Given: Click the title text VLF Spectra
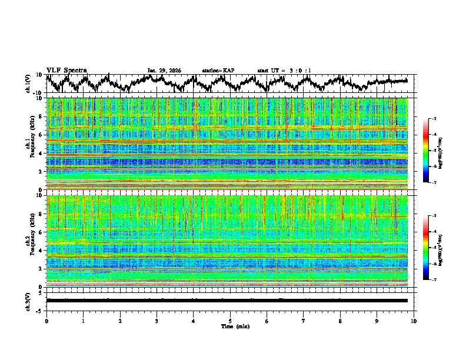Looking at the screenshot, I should (x=66, y=70).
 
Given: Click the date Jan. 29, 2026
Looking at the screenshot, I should (x=164, y=71).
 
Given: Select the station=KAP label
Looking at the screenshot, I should (x=218, y=71).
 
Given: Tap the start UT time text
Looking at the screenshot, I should (x=284, y=71).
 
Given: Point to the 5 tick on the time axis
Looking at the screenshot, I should (x=230, y=321).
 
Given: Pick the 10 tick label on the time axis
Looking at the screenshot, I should (x=414, y=321).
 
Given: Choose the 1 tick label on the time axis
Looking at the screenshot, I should (x=83, y=321).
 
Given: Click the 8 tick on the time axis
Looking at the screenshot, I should (x=340, y=321).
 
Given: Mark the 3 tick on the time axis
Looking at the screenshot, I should (x=157, y=321).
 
